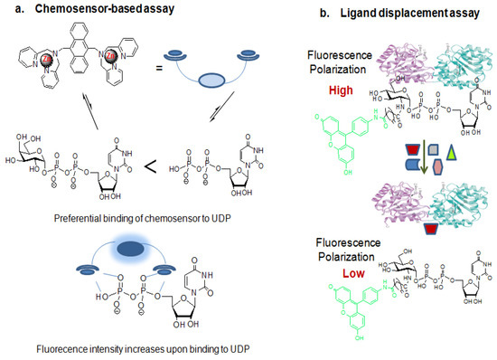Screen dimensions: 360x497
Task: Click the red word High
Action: coord(340,90)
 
